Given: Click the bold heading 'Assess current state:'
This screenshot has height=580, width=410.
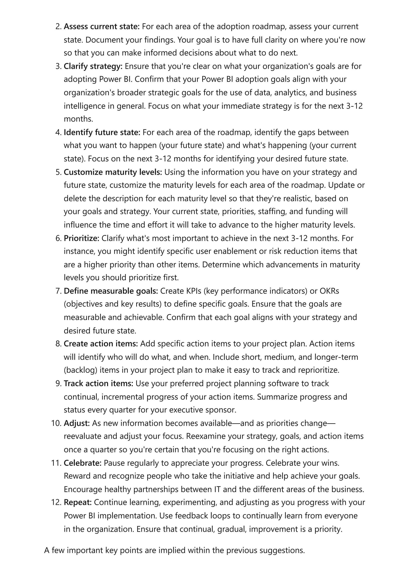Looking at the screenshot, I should pos(101,27).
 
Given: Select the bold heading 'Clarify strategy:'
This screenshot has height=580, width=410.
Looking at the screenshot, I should pos(93,66).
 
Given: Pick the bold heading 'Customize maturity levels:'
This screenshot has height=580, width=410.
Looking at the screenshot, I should pos(113,172).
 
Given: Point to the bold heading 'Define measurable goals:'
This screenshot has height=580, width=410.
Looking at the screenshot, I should pos(111,291).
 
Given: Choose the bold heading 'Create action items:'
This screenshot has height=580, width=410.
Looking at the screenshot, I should pos(101,344).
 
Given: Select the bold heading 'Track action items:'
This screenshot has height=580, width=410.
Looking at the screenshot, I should pos(98,383).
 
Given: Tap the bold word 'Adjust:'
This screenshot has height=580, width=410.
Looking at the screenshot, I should pos(76,423).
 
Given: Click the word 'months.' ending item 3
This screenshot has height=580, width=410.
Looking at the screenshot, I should pos(78,119).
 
